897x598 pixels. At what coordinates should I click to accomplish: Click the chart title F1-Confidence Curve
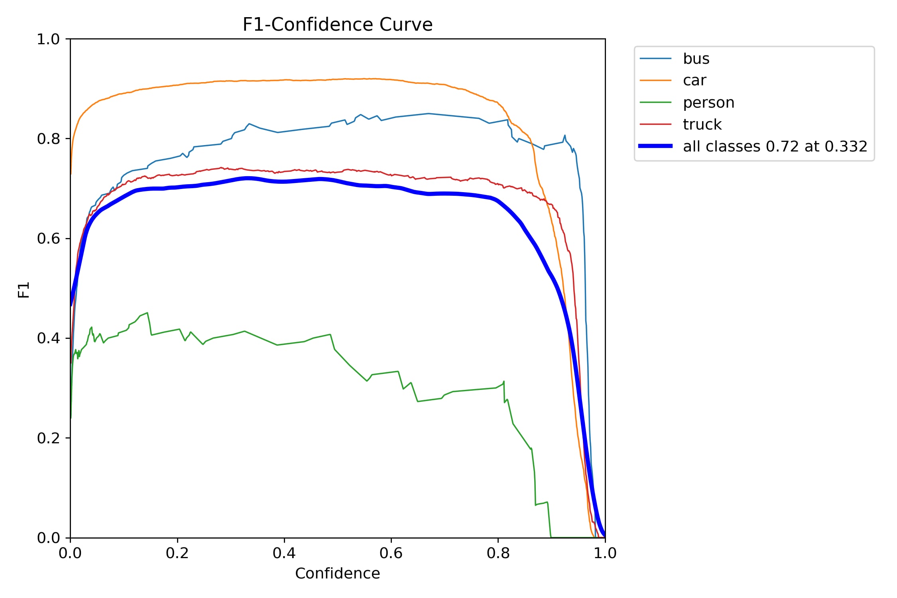[x=337, y=25]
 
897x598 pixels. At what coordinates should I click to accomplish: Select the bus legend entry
[x=696, y=59]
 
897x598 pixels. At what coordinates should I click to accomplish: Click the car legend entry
[x=694, y=81]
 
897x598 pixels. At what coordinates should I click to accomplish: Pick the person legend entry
[x=708, y=102]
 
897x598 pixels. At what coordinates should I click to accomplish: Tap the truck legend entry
[x=702, y=124]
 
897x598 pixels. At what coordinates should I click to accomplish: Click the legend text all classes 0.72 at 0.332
[x=775, y=146]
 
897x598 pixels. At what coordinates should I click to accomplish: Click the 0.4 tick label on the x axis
[x=284, y=553]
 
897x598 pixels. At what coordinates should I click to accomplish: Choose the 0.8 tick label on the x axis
[x=498, y=553]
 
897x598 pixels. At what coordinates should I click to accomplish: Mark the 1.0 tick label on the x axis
[x=605, y=553]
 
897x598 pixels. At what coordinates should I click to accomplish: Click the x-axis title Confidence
[x=337, y=573]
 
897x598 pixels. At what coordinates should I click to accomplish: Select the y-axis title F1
[x=24, y=290]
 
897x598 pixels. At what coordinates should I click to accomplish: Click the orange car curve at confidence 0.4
[x=284, y=80]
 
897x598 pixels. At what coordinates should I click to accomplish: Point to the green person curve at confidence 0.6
[x=391, y=372]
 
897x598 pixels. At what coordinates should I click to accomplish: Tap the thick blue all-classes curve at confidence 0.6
[x=391, y=186]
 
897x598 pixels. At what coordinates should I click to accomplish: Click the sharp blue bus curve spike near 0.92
[x=565, y=136]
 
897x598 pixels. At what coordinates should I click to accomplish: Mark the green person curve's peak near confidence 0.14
[x=147, y=313]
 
